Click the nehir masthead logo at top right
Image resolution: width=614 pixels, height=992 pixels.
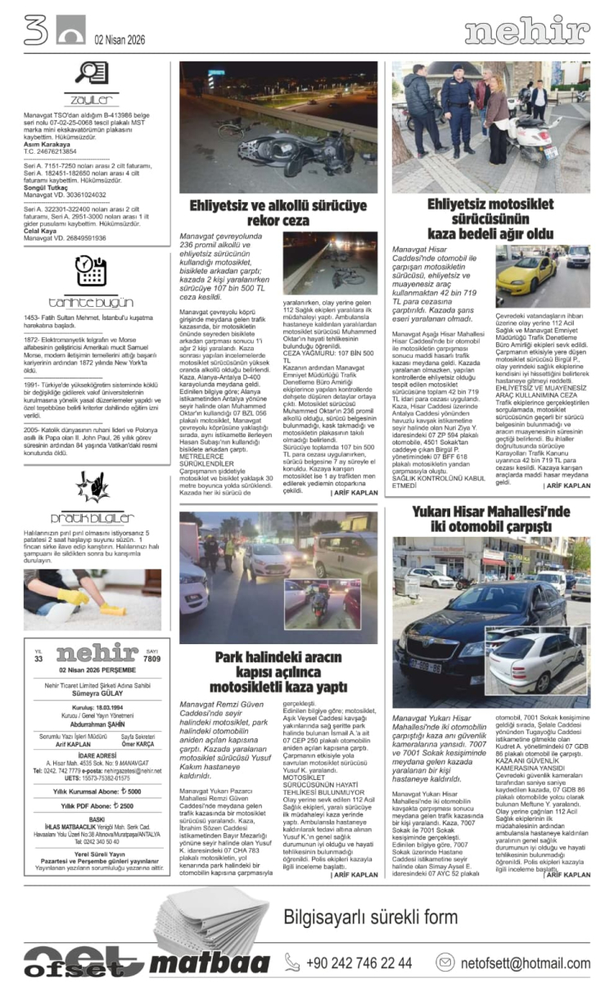click(526, 30)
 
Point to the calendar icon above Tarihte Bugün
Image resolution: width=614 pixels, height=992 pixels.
click(91, 270)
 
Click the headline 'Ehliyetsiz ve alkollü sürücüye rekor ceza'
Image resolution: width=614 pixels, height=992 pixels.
click(278, 213)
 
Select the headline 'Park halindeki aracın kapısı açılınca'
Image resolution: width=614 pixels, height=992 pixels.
click(278, 672)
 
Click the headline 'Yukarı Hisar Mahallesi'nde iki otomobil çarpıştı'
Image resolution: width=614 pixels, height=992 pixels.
click(491, 518)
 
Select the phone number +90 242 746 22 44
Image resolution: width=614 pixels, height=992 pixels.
click(359, 963)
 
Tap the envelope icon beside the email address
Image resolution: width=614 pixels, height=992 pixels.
click(445, 963)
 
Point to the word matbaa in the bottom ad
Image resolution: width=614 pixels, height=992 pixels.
click(210, 963)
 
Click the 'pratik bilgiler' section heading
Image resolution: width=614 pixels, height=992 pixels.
click(92, 517)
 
